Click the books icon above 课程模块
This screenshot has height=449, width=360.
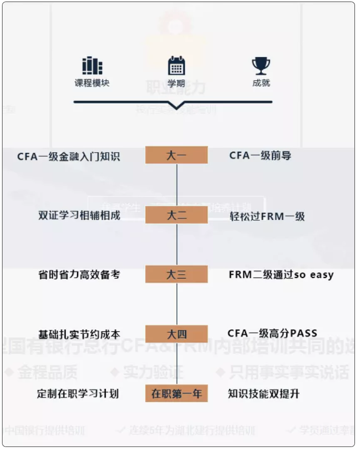coord(92,66)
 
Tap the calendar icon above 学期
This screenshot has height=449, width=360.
coord(176,66)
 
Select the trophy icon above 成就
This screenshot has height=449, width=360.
coord(261,66)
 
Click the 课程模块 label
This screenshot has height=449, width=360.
coord(92,83)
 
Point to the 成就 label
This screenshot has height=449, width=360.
coord(261,83)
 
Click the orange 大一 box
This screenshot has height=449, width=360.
coord(176,155)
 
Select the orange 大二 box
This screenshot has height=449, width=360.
coord(176,215)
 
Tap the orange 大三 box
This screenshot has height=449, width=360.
coord(176,274)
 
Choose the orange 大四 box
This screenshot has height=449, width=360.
coord(176,334)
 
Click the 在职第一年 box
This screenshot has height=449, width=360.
coord(176,393)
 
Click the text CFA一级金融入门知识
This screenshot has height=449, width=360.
coord(69,156)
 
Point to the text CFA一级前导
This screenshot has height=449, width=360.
coord(260,155)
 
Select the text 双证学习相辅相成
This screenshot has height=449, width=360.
coord(79,216)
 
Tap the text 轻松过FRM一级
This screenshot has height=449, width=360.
coord(267,216)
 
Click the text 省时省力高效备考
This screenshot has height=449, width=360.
coord(79,275)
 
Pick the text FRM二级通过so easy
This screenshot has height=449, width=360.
coord(281,275)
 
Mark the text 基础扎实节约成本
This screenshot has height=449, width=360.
coord(79,334)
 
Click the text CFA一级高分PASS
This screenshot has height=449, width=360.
coord(272,333)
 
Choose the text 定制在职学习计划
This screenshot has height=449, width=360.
coord(78,393)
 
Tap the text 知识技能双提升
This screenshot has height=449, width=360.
coord(263,393)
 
